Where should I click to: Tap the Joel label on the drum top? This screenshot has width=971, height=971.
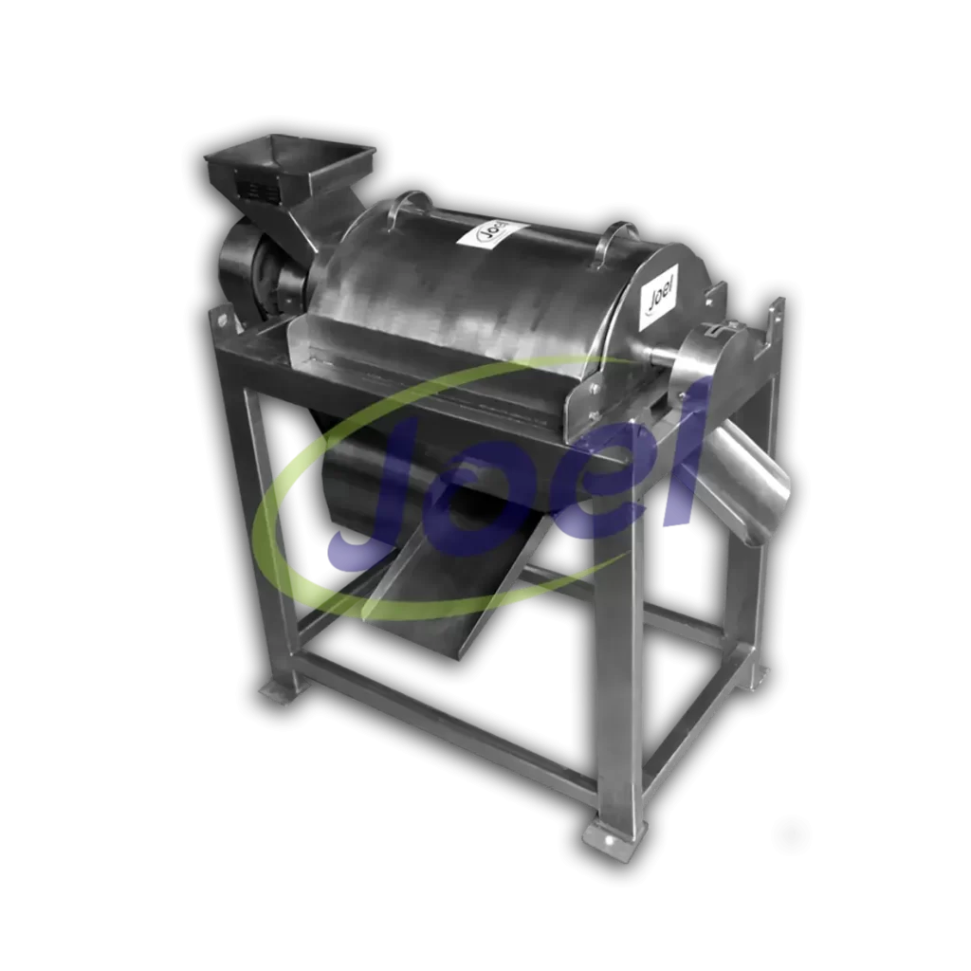coord(492,235)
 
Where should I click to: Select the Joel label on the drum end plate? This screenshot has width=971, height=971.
coord(661,290)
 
